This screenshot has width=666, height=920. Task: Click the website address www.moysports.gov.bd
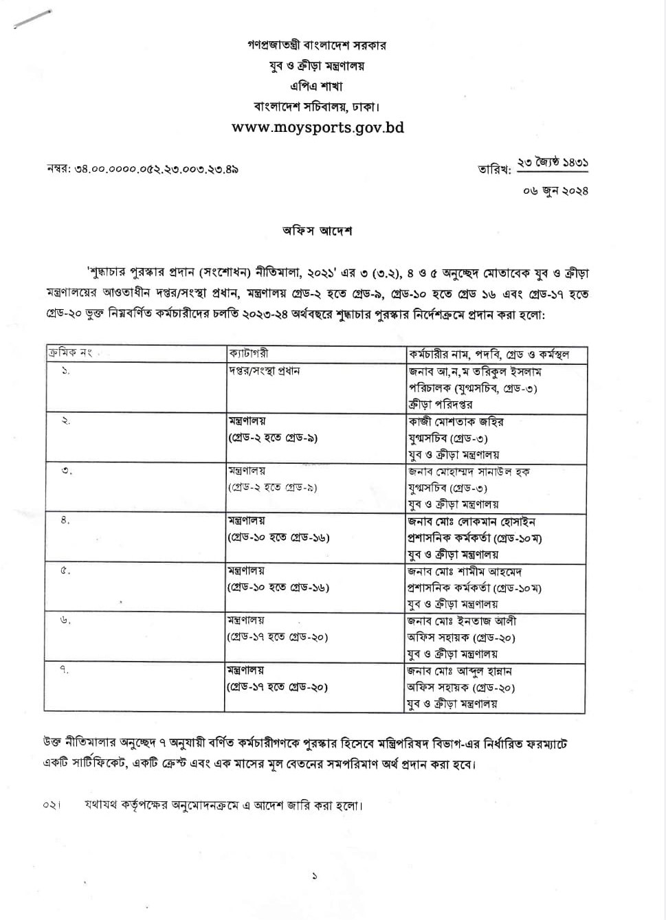click(318, 128)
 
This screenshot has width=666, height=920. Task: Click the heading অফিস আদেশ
click(317, 231)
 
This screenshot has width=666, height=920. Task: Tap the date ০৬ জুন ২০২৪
click(555, 190)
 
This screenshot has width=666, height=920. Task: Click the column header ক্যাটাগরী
click(249, 354)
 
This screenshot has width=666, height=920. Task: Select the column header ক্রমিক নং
click(69, 354)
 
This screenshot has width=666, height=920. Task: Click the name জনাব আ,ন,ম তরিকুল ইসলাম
click(475, 372)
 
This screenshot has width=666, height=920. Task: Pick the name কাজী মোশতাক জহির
click(456, 421)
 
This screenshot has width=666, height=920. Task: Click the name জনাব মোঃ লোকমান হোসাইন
click(471, 521)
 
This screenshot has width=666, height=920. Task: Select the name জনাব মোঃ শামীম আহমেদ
click(467, 571)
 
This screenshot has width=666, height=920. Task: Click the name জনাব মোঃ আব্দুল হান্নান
click(460, 671)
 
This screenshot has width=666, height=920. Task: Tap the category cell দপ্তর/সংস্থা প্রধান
click(264, 371)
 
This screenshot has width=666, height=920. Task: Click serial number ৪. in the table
click(65, 521)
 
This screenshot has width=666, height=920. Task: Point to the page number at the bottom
click(315, 876)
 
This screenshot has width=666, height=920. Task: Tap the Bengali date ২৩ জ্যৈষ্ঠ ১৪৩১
click(553, 164)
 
